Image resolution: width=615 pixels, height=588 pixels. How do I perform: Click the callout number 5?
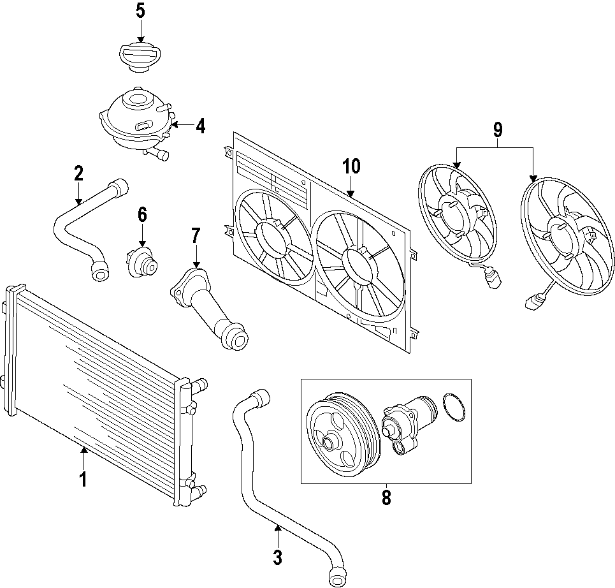pyautogui.click(x=140, y=11)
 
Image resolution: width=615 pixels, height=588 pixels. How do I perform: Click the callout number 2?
pyautogui.click(x=78, y=173)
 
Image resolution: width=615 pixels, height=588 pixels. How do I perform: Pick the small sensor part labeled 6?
pyautogui.click(x=141, y=261)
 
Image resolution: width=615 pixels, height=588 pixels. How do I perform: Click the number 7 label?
pyautogui.click(x=195, y=237)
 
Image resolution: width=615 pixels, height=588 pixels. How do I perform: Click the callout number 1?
pyautogui.click(x=83, y=479)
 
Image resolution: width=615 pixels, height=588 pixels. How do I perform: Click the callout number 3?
pyautogui.click(x=277, y=557)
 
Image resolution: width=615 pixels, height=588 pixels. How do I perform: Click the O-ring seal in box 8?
pyautogui.click(x=452, y=408)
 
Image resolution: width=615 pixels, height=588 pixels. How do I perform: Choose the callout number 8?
pyautogui.click(x=386, y=497)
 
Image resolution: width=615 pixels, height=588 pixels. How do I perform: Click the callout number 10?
pyautogui.click(x=351, y=166)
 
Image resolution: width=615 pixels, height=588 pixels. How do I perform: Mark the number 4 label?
pyautogui.click(x=200, y=126)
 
